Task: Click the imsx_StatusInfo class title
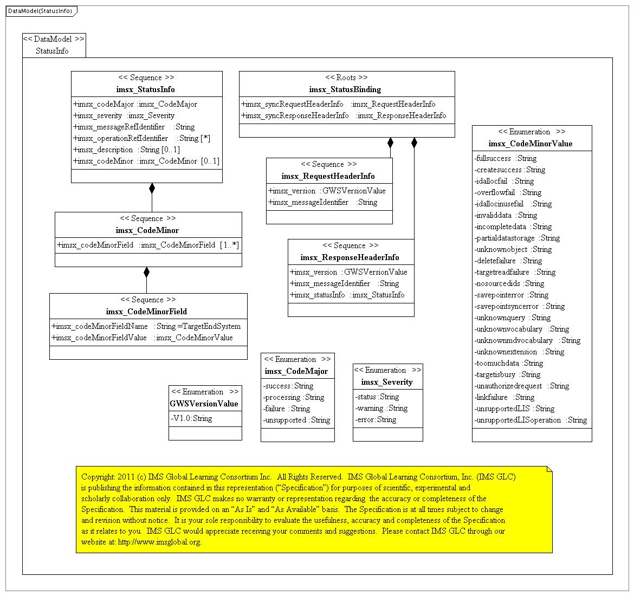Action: (x=145, y=89)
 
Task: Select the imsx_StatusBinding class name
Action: (x=345, y=89)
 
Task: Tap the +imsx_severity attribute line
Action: (x=124, y=115)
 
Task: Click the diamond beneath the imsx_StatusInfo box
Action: (x=152, y=189)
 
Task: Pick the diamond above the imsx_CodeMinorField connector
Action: (x=146, y=272)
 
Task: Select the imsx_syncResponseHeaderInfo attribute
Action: (x=344, y=115)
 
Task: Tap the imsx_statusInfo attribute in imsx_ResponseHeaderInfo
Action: (x=347, y=295)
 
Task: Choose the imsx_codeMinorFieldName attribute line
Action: (x=146, y=326)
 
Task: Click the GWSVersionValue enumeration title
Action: (x=204, y=404)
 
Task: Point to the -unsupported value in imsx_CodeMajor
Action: (x=296, y=420)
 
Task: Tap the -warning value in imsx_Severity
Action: (x=381, y=408)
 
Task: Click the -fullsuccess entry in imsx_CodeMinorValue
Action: (x=506, y=158)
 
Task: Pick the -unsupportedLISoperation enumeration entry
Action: (x=531, y=420)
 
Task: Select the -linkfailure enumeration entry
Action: (x=504, y=397)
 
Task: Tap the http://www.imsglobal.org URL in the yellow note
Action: (x=159, y=542)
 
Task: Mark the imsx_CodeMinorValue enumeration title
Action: (x=530, y=144)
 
